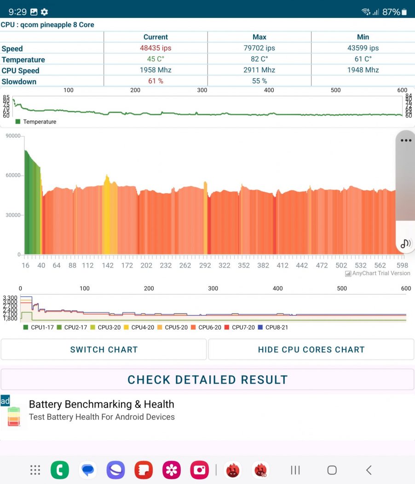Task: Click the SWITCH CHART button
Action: pos(104,349)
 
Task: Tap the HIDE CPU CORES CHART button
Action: pos(311,349)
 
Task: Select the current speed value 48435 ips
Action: pos(156,48)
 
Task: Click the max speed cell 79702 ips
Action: pos(259,48)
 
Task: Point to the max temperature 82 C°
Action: pos(259,59)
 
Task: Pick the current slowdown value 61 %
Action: pos(156,81)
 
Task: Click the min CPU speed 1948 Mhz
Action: pos(363,70)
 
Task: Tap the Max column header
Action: pos(259,37)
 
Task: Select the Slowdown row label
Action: pos(19,82)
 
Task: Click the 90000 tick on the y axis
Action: pos(12,136)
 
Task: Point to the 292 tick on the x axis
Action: pos(205,265)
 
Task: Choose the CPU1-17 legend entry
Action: pos(39,327)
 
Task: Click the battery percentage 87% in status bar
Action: pos(391,12)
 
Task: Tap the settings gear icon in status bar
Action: pos(45,12)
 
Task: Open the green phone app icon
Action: pos(60,470)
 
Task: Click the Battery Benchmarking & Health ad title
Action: pos(101,404)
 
